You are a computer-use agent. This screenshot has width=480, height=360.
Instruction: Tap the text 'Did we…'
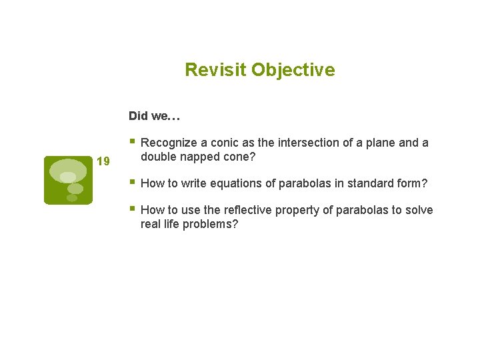tap(155, 116)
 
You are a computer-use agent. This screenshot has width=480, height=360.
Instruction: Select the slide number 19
tap(103, 161)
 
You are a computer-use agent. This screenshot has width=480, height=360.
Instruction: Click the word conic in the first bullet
tap(227, 143)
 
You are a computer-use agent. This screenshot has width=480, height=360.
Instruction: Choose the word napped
tap(199, 157)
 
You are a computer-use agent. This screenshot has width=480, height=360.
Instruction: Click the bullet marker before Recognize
tap(133, 141)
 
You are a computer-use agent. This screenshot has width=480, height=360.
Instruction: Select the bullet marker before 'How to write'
tap(133, 182)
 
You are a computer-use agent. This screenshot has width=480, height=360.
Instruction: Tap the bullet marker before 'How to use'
tap(133, 209)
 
